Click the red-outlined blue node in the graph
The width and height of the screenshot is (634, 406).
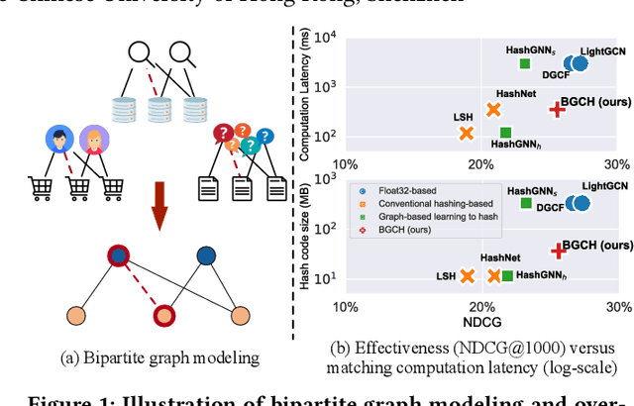[118, 255]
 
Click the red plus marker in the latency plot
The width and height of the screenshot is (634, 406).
[558, 110]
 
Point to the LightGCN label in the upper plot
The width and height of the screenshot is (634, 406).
[601, 50]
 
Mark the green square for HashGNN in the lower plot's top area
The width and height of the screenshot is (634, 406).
[526, 203]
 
